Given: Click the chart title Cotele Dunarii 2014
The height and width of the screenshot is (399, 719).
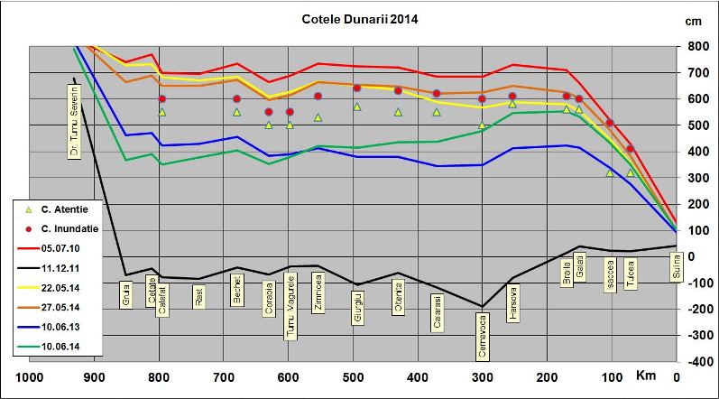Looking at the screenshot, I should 360,17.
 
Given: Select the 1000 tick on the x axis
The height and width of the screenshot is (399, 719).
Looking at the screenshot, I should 31,378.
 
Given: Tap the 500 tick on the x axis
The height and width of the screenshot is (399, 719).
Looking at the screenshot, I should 353,378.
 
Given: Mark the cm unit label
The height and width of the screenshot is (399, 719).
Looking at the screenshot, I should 695,21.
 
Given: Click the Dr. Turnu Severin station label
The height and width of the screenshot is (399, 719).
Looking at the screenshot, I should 75,122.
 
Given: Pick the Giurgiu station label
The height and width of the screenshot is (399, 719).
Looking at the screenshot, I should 358,306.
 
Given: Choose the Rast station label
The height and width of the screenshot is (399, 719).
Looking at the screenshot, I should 198,297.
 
